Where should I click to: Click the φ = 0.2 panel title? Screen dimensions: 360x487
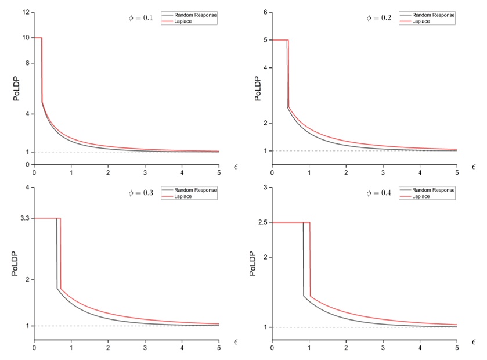[378, 17]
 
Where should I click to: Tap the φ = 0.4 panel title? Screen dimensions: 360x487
[378, 193]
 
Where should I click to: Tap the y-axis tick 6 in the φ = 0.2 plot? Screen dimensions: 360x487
[265, 12]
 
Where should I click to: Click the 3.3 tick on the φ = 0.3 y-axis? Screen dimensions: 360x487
[25, 218]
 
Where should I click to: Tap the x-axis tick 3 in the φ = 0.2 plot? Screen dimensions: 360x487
[383, 174]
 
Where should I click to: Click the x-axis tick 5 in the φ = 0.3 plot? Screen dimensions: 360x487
[219, 349]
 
